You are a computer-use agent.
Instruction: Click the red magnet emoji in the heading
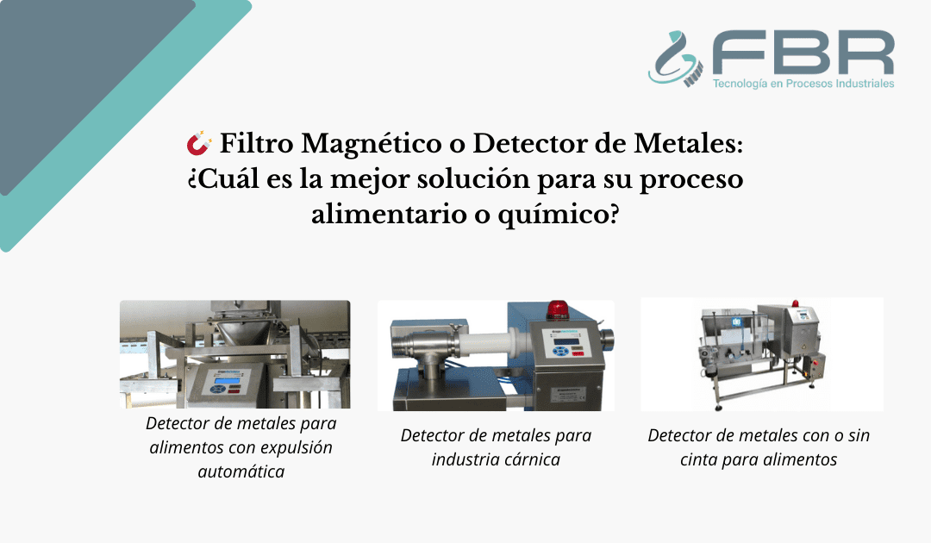(199, 142)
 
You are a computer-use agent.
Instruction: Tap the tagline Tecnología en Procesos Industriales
(803, 84)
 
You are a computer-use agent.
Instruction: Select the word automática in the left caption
(241, 471)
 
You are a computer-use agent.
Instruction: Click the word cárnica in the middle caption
(528, 459)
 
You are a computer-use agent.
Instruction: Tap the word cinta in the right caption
(679, 459)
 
